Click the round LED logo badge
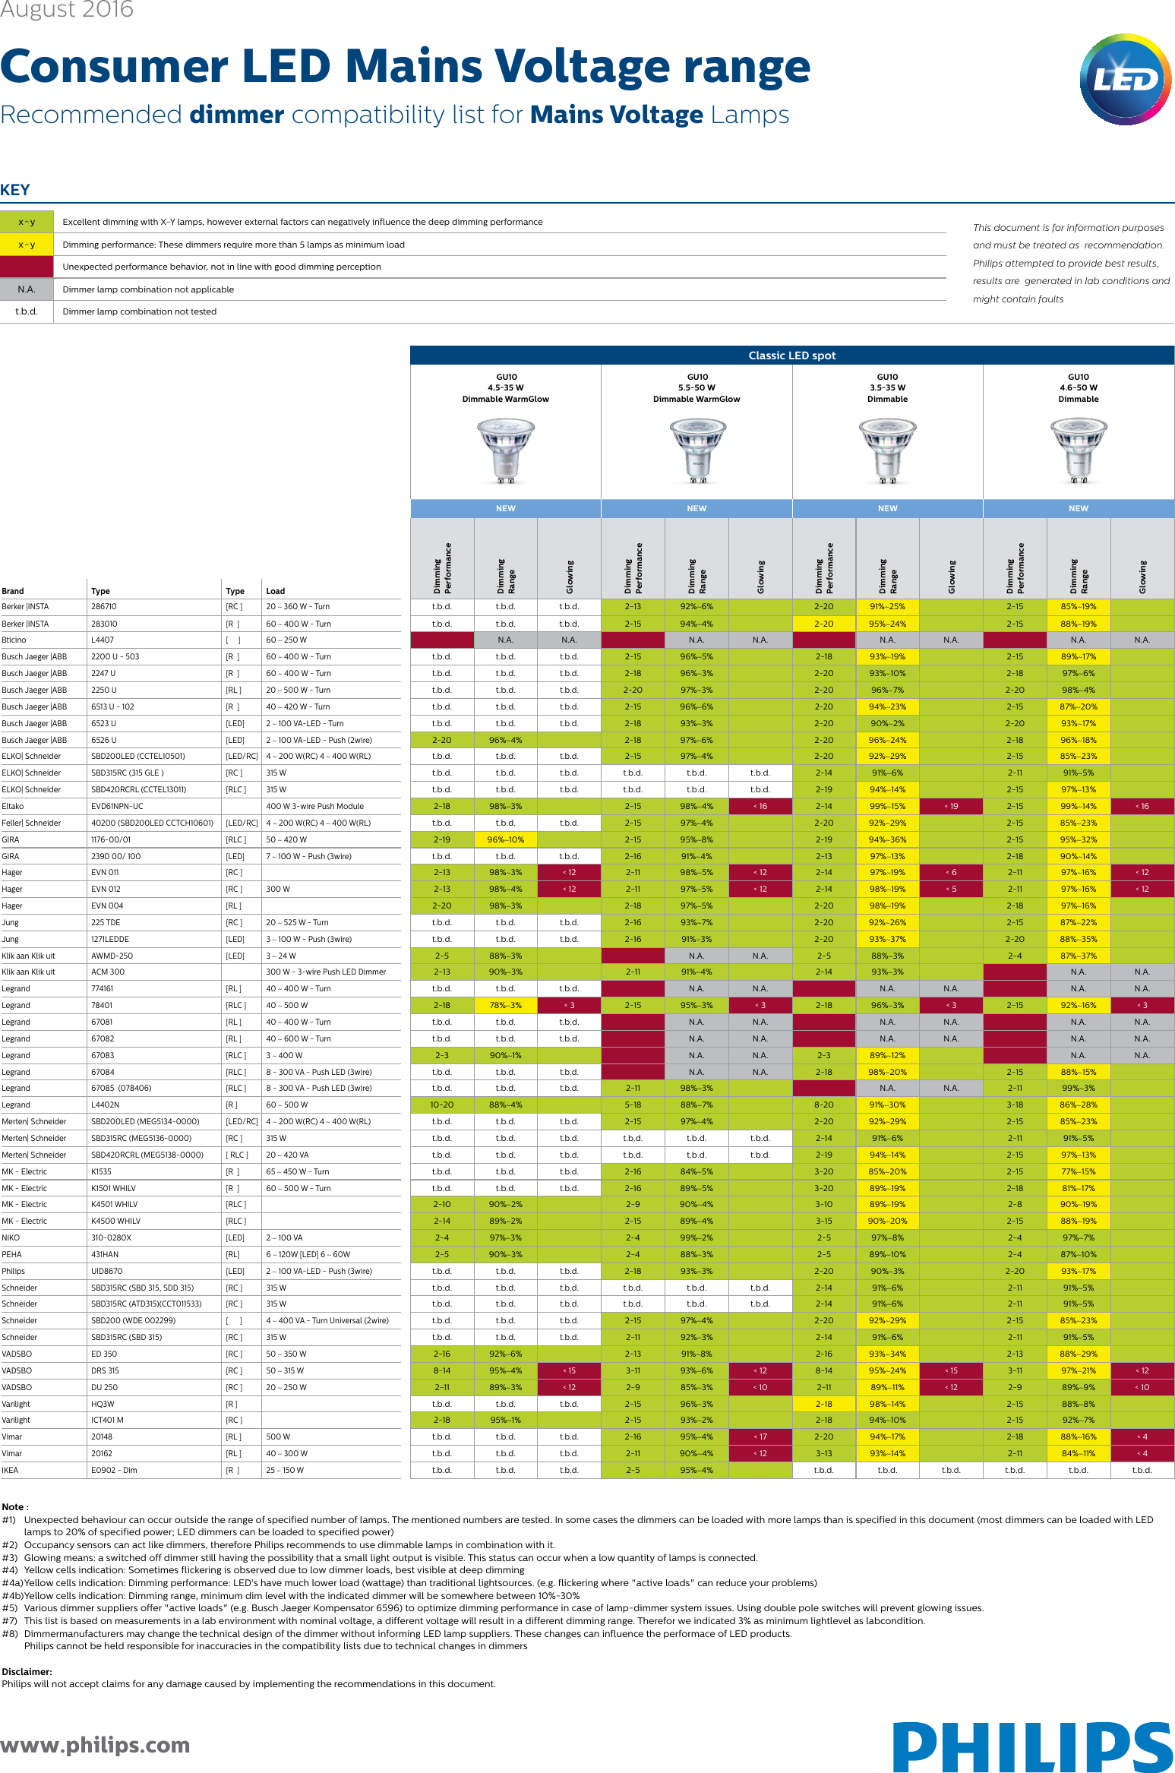pyautogui.click(x=1126, y=79)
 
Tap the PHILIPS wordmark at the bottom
pyautogui.click(x=1032, y=1746)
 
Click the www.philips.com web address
pyautogui.click(x=95, y=1744)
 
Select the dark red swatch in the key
pyautogui.click(x=27, y=267)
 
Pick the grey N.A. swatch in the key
pyautogui.click(x=27, y=289)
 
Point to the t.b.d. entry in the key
pyautogui.click(x=27, y=311)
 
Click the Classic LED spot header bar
pyautogui.click(x=791, y=356)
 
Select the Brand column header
pyautogui.click(x=13, y=591)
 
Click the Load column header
pyautogui.click(x=275, y=591)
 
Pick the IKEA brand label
pyautogui.click(x=10, y=1470)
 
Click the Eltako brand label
pyautogui.click(x=13, y=806)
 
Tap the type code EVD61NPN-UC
pyautogui.click(x=117, y=806)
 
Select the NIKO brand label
pyautogui.click(x=11, y=1237)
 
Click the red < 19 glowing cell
pyautogui.click(x=951, y=806)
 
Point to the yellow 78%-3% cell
pyautogui.click(x=505, y=1005)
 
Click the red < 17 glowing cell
pyautogui.click(x=760, y=1436)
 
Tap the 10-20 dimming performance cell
pyautogui.click(x=442, y=1105)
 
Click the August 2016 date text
pyautogui.click(x=67, y=10)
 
